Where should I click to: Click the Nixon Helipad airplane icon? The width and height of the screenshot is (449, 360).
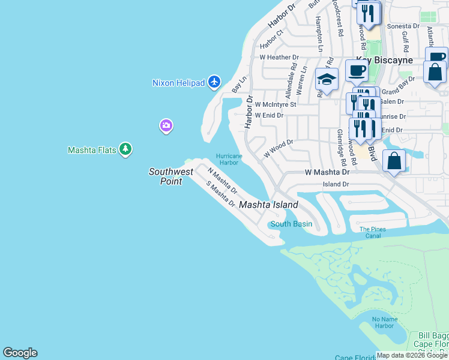tap(215, 82)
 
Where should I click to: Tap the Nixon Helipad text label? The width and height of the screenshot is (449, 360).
tap(179, 83)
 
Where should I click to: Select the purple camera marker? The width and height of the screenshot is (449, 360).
tap(166, 125)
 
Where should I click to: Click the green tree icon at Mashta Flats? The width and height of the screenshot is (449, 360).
tap(125, 149)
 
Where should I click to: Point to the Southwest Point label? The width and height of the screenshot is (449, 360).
tap(171, 176)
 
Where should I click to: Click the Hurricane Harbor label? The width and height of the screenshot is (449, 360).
tap(229, 159)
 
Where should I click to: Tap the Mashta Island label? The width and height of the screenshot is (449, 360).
tap(268, 205)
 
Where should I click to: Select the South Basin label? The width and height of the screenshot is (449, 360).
tap(291, 224)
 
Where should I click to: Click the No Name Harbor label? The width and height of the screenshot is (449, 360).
tap(383, 322)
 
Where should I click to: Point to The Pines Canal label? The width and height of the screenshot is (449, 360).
tap(370, 232)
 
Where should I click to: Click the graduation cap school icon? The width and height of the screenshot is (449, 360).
tap(327, 80)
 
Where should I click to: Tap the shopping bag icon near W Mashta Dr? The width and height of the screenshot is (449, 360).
tap(394, 161)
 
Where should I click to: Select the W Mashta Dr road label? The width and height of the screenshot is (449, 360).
tap(327, 172)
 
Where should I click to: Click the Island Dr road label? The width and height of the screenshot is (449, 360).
tap(336, 184)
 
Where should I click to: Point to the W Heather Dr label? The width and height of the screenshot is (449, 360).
tap(279, 58)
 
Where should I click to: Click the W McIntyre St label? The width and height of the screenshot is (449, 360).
tap(276, 104)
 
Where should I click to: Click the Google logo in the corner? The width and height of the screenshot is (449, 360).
tap(20, 353)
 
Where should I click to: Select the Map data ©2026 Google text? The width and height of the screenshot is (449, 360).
tap(412, 355)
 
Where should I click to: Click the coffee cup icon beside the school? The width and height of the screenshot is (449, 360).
tap(356, 71)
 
